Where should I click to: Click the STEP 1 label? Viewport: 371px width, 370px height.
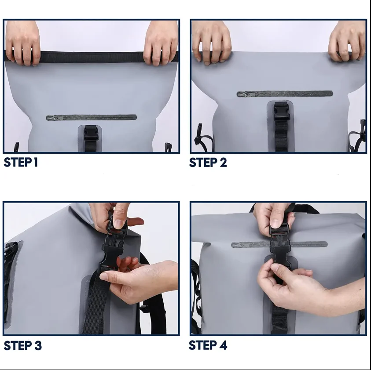pos(21,163)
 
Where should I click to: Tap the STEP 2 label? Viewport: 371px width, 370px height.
pos(208,163)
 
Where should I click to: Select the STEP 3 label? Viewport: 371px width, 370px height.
pos(23,346)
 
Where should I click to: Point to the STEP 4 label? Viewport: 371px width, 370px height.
pos(208,345)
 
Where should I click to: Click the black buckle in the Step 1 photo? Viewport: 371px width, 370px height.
pos(91,133)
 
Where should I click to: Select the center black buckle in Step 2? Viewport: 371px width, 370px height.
pos(282,111)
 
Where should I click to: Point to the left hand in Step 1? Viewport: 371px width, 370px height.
pos(22,43)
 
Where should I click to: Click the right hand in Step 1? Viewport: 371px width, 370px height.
pos(161,43)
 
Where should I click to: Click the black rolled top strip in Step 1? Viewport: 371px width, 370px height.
pos(92,57)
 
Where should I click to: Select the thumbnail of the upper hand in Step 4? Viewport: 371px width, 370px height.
pos(275,223)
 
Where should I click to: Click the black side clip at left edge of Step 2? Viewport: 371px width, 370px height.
pos(199,134)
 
